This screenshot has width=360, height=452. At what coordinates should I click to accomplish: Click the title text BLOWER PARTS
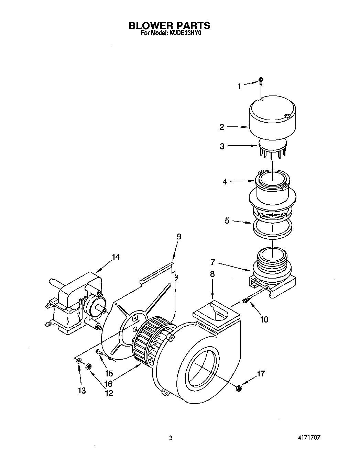tap(169, 25)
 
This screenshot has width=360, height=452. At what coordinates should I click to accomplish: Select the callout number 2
tap(222, 127)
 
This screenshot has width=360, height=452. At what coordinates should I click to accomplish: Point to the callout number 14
tap(116, 257)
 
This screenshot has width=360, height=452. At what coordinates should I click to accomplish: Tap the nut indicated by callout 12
tap(88, 367)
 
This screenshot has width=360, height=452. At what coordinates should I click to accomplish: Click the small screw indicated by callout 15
tap(98, 352)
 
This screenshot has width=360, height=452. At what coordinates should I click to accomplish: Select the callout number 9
tap(179, 237)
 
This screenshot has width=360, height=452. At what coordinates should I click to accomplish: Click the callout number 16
tap(109, 383)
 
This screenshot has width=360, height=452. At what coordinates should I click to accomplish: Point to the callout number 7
tap(213, 262)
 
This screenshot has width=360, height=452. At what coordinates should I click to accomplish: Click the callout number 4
tap(225, 182)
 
